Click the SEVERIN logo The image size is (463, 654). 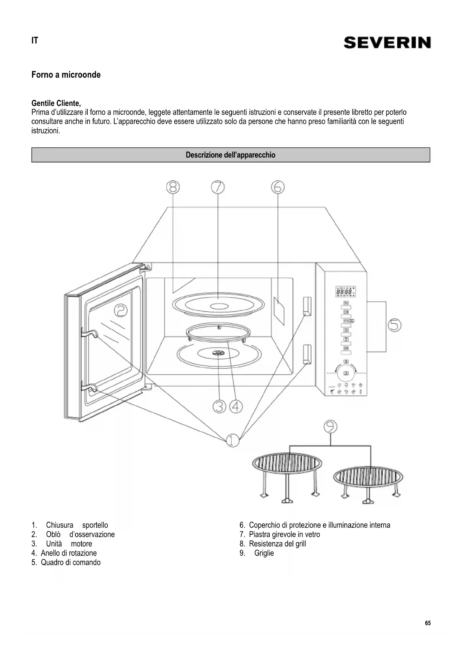tap(387, 43)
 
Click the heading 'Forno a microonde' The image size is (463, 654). tap(66, 75)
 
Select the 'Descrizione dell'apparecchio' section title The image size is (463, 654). tap(231, 155)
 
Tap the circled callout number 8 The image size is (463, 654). tap(173, 187)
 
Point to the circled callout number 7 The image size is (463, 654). tap(218, 187)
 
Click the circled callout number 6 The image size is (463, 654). tap(278, 187)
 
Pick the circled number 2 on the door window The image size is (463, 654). tap(121, 310)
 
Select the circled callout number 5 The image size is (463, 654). tap(394, 325)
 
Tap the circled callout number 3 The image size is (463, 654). tap(219, 406)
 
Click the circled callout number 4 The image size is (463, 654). tap(236, 406)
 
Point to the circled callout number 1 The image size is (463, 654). tap(232, 440)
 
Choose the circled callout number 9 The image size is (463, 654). tap(330, 426)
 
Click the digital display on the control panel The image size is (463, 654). tap(345, 292)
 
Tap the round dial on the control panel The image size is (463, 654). tap(346, 373)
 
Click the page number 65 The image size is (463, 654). tap(428, 623)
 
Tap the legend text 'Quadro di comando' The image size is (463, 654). tap(71, 562)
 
